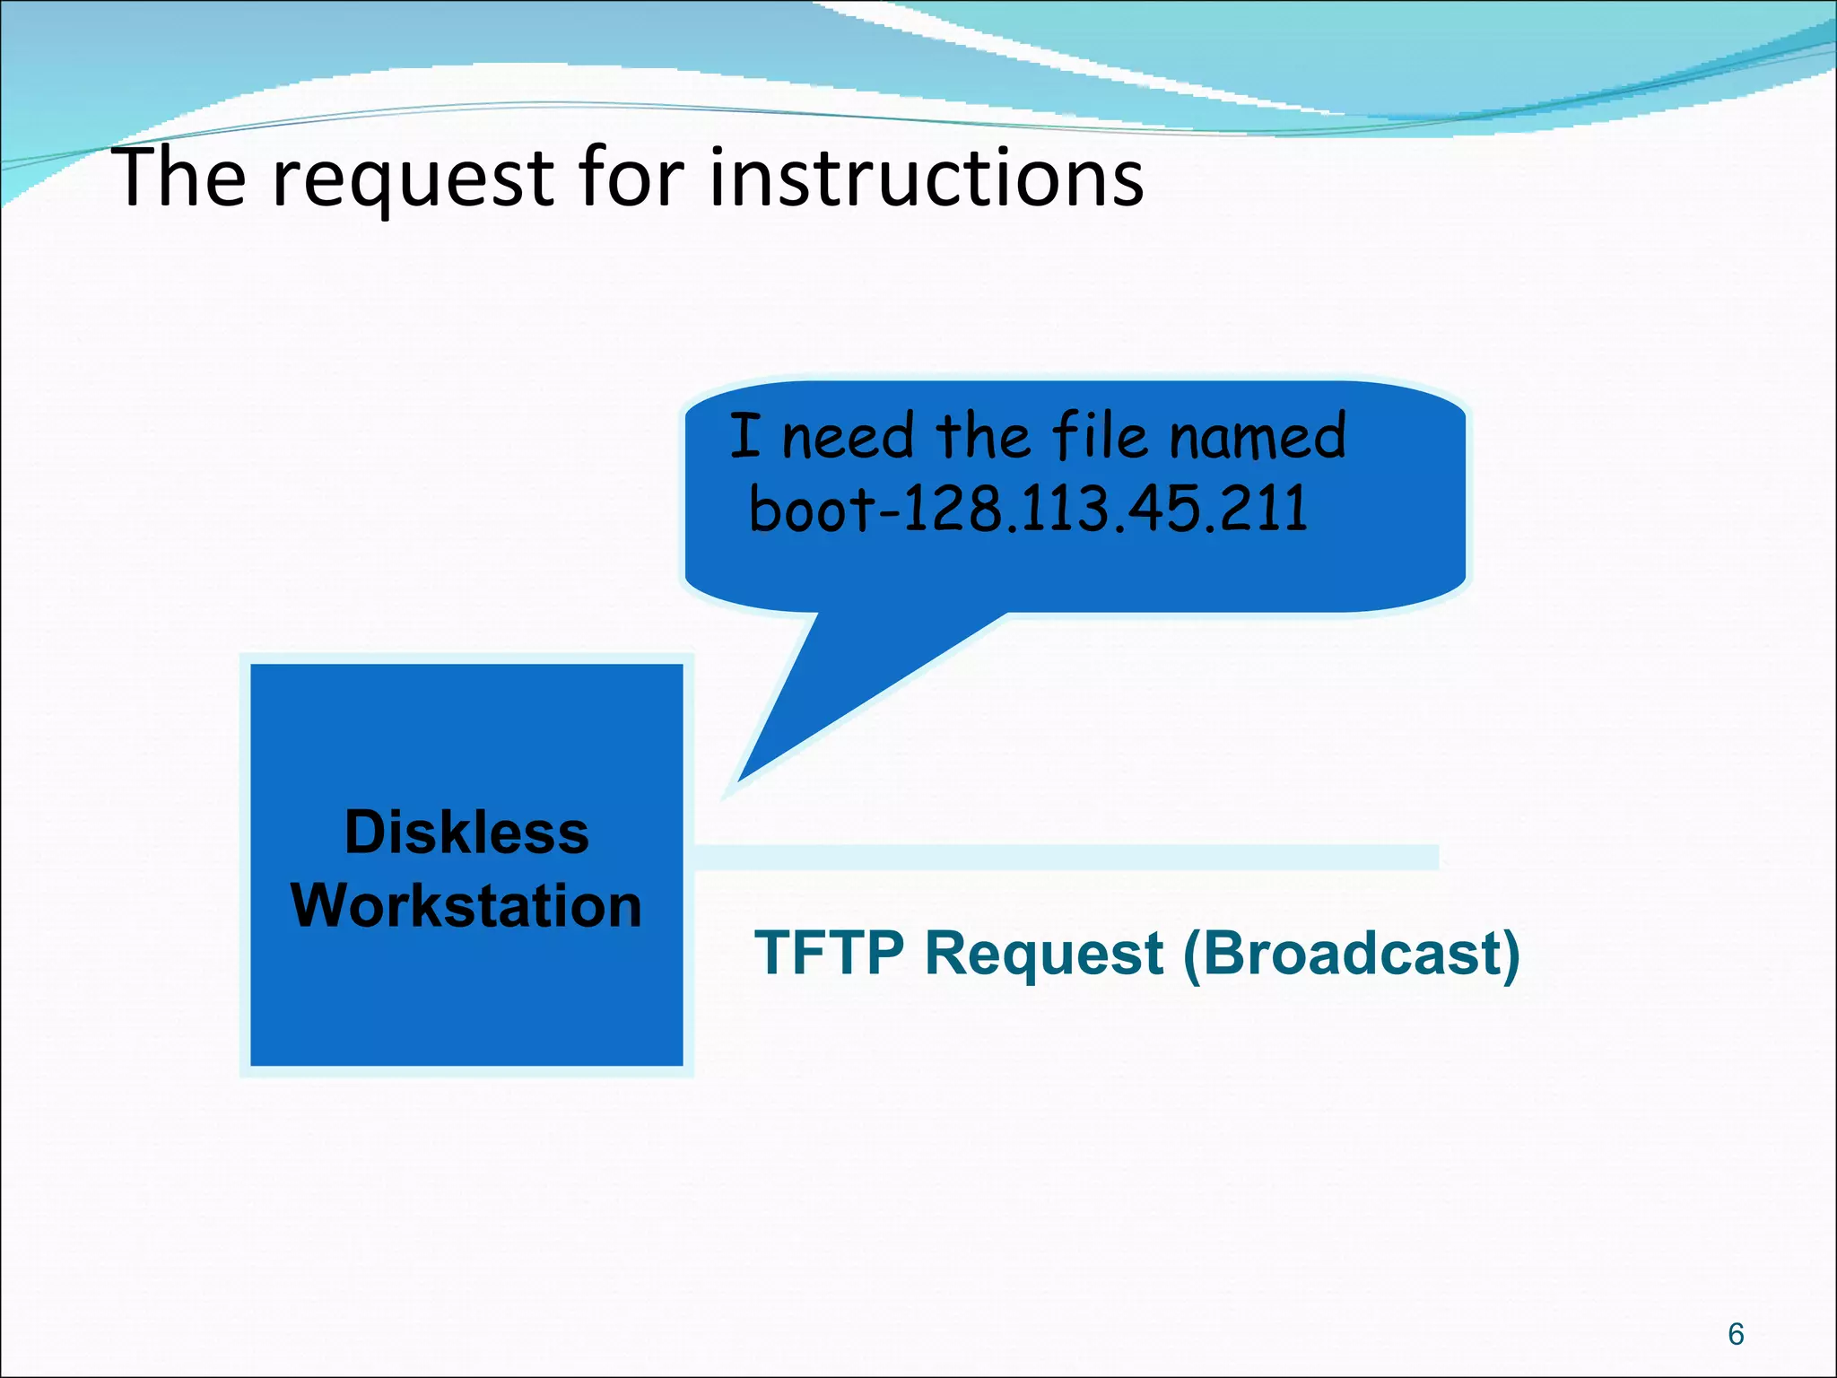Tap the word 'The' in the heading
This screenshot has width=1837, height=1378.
pos(178,178)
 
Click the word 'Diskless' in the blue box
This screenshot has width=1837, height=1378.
pos(466,833)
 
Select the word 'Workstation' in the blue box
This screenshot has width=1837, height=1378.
pos(466,905)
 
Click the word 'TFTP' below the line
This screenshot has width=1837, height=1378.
pos(829,953)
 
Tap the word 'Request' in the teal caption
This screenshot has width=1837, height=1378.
pos(1044,955)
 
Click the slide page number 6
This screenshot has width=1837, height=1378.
pos(1736,1334)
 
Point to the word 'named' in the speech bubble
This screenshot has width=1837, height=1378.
pos(1258,437)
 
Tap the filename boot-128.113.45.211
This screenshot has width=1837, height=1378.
pos(1028,509)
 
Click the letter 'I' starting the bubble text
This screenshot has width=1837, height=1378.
pos(744,436)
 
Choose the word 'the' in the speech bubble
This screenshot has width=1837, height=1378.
pos(983,436)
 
